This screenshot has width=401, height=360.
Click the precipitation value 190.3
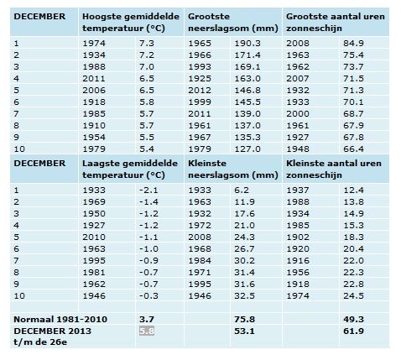point(247,44)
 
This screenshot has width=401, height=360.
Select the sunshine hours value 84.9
point(353,44)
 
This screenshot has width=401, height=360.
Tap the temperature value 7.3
point(147,44)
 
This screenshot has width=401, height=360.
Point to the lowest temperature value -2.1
point(148,190)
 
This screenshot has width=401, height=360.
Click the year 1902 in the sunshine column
point(298,237)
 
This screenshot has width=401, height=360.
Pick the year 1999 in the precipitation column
point(200,102)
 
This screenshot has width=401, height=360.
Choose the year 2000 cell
point(298,114)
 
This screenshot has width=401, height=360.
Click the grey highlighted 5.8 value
point(147,331)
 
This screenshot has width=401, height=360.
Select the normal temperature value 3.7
point(147,319)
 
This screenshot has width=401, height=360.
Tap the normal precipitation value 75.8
point(244,319)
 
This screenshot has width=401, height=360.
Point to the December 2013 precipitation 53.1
point(244,331)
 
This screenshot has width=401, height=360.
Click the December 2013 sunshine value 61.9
point(353,331)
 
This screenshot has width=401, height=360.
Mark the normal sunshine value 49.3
point(353,319)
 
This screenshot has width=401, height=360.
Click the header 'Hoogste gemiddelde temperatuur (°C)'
point(131,23)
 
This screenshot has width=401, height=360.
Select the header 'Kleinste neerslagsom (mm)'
point(233,170)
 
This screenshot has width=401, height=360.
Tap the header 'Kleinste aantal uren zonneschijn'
point(334,170)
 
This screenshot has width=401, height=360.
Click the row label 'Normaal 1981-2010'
point(60,319)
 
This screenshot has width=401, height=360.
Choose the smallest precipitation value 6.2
point(242,190)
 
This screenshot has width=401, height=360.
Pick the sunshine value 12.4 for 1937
point(353,190)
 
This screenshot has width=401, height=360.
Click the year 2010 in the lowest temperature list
point(94,237)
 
